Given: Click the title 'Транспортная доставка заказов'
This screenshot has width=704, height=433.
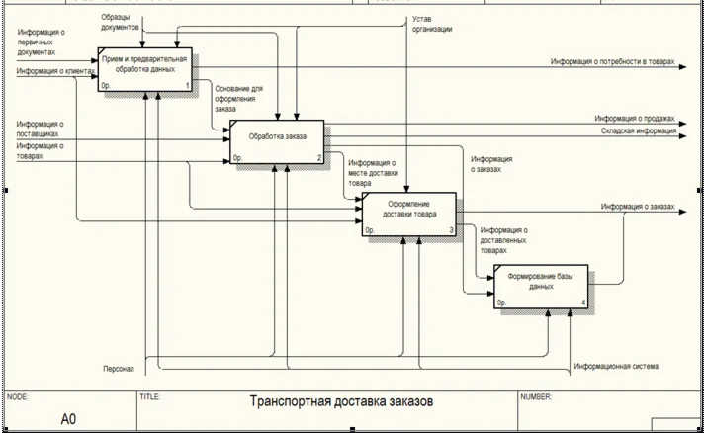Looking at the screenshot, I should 341,402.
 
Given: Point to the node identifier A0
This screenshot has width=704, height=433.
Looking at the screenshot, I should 68,419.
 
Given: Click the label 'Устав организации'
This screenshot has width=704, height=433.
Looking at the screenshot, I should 433,24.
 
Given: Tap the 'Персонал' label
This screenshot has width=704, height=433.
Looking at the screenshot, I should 119,369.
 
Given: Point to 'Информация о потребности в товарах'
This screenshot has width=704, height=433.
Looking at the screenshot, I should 613,62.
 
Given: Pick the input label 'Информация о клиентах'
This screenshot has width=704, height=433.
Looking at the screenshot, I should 48,71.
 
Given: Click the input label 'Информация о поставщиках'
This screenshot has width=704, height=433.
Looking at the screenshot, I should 41,129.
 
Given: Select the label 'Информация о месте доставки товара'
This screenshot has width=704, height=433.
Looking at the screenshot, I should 372,173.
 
